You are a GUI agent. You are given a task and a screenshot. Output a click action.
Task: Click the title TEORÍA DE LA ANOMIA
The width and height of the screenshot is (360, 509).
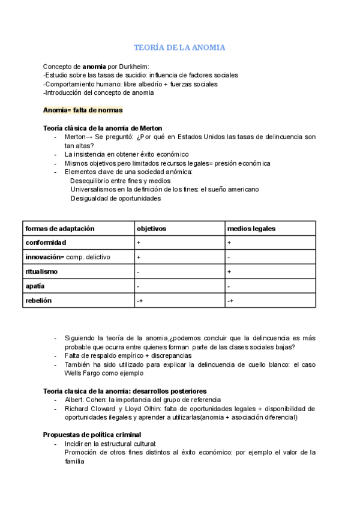point(179,47)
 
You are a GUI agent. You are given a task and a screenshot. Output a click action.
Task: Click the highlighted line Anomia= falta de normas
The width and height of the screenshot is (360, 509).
point(83,110)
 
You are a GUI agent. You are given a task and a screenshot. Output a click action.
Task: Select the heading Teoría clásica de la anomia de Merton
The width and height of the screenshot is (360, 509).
point(103,128)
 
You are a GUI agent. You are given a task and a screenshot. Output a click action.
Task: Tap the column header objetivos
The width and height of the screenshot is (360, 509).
point(152,229)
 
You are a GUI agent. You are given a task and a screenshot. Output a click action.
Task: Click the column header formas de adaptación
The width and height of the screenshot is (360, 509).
point(60,229)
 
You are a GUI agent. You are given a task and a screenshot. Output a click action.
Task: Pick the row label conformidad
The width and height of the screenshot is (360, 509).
point(46,242)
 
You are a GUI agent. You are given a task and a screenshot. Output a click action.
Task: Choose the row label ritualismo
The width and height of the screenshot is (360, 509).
point(41,272)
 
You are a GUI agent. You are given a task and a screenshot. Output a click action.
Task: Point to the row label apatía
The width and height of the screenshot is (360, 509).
point(35,286)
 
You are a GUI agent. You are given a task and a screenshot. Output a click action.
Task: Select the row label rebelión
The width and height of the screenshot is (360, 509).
point(38,301)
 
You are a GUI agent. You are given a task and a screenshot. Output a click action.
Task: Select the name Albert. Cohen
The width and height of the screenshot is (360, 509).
point(87,400)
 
